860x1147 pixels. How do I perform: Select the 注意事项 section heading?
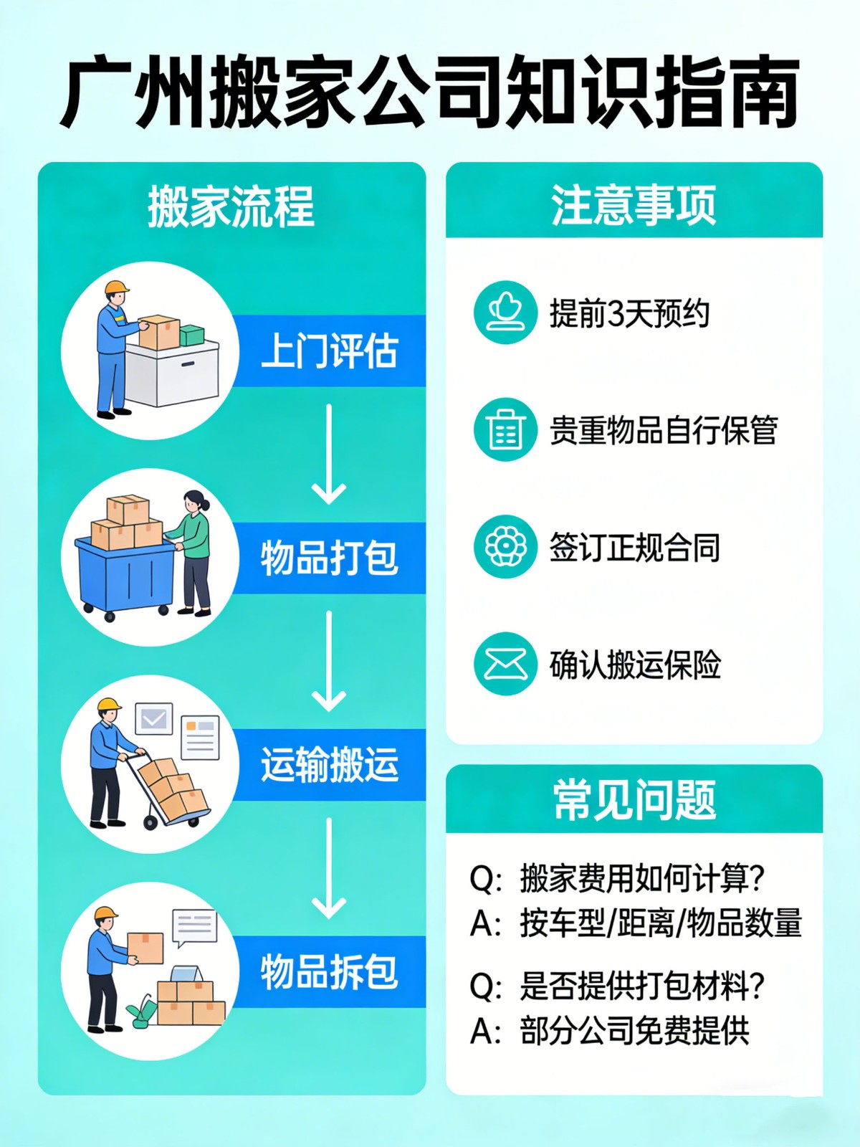point(634,205)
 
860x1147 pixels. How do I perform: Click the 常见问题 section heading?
point(634,799)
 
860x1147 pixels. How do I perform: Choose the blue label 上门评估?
point(329,351)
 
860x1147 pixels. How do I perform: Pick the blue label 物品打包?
point(329,558)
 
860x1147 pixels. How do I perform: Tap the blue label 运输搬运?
point(329,765)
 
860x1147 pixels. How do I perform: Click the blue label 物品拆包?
point(329,972)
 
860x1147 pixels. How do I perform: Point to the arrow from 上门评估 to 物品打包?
point(329,454)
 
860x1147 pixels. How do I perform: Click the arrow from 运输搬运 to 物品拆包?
point(329,868)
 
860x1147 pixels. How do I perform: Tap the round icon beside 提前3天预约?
point(505,313)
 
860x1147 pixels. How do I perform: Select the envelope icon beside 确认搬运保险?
point(505,664)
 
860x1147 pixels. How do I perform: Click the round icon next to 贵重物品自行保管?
point(505,429)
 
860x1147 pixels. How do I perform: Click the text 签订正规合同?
point(634,548)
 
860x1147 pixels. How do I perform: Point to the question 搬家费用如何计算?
point(642,878)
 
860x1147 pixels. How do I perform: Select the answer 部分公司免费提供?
point(634,1032)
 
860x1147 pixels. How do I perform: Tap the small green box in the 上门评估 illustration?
point(191,335)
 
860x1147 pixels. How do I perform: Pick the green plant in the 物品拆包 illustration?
point(143,1011)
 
